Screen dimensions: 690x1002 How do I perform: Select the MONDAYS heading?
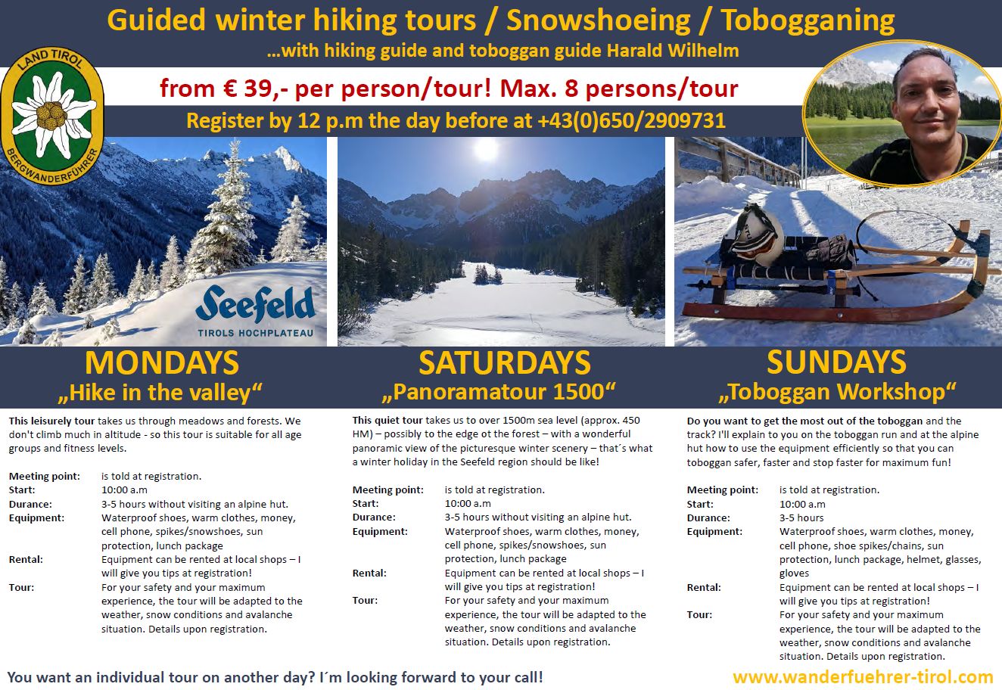coord(161,363)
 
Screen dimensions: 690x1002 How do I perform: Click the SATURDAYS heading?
coord(504,363)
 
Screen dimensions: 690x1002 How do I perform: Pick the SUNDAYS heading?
coord(836,362)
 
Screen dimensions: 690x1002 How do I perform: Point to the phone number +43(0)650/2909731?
coord(628,121)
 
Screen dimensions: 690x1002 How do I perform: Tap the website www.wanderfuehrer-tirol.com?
coord(863,676)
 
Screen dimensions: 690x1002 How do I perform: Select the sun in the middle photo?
coord(485,149)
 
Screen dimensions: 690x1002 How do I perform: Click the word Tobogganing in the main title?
coord(808,20)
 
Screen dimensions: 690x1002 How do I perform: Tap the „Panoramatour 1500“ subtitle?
coord(499,392)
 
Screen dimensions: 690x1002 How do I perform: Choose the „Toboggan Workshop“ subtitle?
coord(836,392)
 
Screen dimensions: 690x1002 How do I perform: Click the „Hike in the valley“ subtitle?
coord(161,392)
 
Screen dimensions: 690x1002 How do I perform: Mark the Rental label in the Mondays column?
coord(26,560)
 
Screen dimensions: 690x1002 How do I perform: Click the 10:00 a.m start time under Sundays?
coord(802,504)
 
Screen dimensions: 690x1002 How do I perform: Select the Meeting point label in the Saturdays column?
coord(388,490)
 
